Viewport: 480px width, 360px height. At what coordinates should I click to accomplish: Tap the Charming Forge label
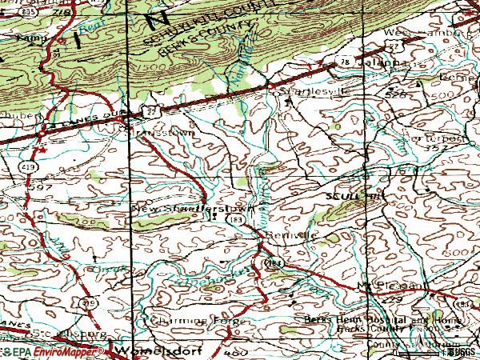[x=178, y=320]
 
